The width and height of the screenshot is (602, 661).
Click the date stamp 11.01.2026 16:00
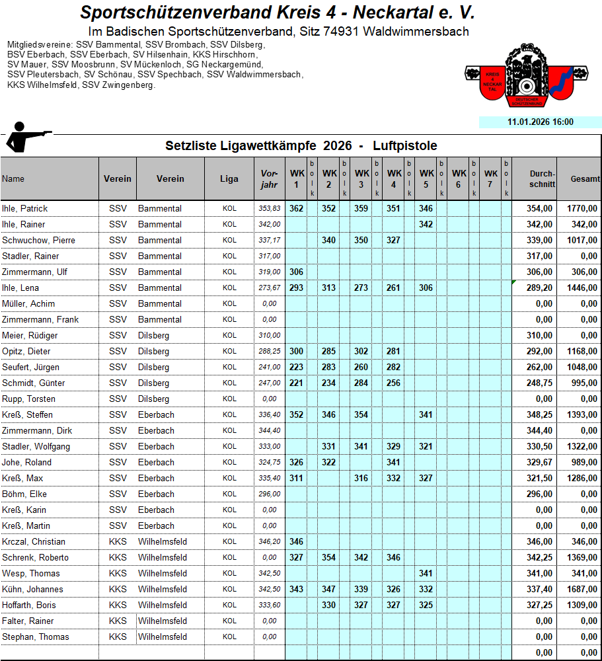pyautogui.click(x=540, y=122)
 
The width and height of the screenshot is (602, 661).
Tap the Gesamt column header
pyautogui.click(x=585, y=179)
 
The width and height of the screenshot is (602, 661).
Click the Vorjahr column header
pyautogui.click(x=269, y=179)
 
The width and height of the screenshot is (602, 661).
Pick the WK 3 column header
pyautogui.click(x=361, y=179)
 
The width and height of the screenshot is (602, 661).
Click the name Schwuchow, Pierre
pyautogui.click(x=37, y=240)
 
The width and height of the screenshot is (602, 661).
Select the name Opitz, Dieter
pyautogui.click(x=26, y=351)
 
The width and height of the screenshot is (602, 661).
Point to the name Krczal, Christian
pyautogui.click(x=34, y=541)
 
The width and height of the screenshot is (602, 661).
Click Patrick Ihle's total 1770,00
pyautogui.click(x=582, y=208)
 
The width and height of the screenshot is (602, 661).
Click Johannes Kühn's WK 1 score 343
pyautogui.click(x=296, y=589)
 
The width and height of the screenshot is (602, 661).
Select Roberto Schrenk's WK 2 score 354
pyautogui.click(x=328, y=557)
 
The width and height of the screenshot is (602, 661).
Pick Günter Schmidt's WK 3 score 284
pyautogui.click(x=361, y=383)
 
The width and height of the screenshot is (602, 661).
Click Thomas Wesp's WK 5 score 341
pyautogui.click(x=426, y=573)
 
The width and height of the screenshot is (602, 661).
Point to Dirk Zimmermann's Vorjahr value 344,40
pyautogui.click(x=270, y=430)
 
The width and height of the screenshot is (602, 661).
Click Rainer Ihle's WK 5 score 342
pyautogui.click(x=426, y=224)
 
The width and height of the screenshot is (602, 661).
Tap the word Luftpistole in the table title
pyautogui.click(x=404, y=145)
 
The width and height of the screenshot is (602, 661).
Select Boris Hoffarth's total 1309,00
pyautogui.click(x=582, y=605)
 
